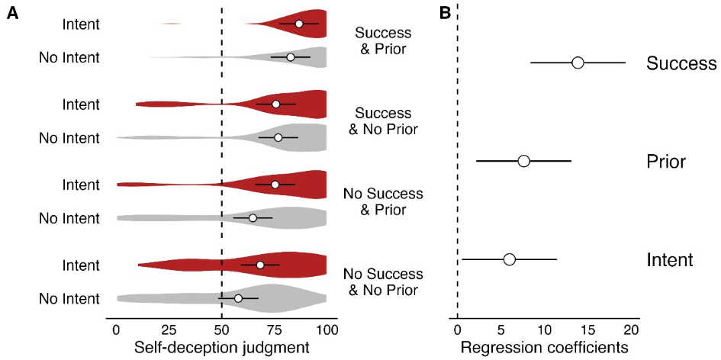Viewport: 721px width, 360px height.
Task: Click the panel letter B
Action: [x=445, y=13]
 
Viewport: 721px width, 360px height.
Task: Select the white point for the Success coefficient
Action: [x=578, y=63]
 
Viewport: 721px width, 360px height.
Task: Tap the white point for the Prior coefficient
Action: [x=523, y=161]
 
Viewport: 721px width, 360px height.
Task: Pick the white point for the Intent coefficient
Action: [x=510, y=259]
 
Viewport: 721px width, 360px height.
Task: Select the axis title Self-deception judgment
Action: [x=221, y=347]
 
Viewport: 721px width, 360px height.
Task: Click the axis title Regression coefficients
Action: [x=544, y=347]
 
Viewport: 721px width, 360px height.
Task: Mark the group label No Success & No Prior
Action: [x=383, y=282]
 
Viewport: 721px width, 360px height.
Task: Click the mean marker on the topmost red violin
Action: [x=299, y=24]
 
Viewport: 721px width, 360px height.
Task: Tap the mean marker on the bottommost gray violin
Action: [x=238, y=298]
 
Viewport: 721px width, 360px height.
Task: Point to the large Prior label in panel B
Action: [x=666, y=162]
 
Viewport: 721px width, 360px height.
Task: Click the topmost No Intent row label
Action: [x=69, y=57]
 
